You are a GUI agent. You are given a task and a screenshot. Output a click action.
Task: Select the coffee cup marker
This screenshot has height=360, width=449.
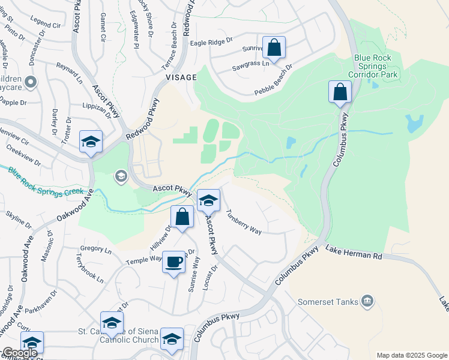173,262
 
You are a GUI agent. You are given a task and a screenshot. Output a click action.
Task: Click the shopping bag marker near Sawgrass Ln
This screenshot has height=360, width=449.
274,47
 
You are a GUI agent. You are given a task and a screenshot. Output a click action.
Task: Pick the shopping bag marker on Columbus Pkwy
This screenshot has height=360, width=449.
340,92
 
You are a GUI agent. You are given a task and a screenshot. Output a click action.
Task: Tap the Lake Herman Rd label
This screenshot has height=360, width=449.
354,252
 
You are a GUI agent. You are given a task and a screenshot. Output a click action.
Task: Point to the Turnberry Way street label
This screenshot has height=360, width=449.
243,222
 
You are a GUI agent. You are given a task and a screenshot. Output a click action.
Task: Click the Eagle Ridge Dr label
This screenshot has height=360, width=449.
211,42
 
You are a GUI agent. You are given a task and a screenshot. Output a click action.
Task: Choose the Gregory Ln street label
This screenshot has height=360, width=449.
96,249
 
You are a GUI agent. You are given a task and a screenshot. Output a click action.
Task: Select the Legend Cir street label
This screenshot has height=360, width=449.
48,26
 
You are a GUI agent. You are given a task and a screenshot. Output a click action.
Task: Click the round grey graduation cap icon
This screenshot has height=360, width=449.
121,176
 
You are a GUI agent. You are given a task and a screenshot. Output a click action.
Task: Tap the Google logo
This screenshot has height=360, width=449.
20,353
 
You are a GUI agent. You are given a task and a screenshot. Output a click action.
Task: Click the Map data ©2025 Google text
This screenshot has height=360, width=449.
411,355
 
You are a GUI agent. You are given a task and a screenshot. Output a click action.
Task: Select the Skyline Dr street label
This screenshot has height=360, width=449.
19,220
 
